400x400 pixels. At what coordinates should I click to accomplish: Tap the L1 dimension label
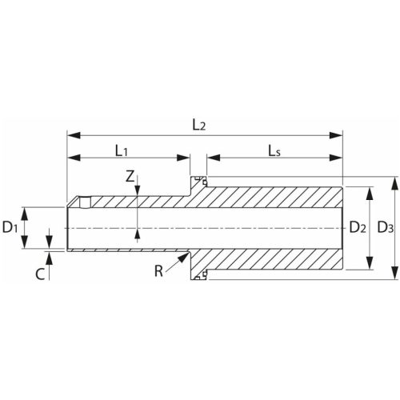[122, 149]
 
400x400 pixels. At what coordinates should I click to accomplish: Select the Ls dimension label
[276, 149]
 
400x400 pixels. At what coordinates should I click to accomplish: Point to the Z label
[130, 178]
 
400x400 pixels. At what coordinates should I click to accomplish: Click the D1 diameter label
[10, 228]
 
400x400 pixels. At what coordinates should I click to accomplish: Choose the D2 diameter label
[358, 228]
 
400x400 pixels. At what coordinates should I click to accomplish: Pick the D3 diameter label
[385, 228]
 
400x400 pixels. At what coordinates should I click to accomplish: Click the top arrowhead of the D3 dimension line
[396, 182]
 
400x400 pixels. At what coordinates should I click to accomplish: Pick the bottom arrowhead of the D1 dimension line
[25, 246]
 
